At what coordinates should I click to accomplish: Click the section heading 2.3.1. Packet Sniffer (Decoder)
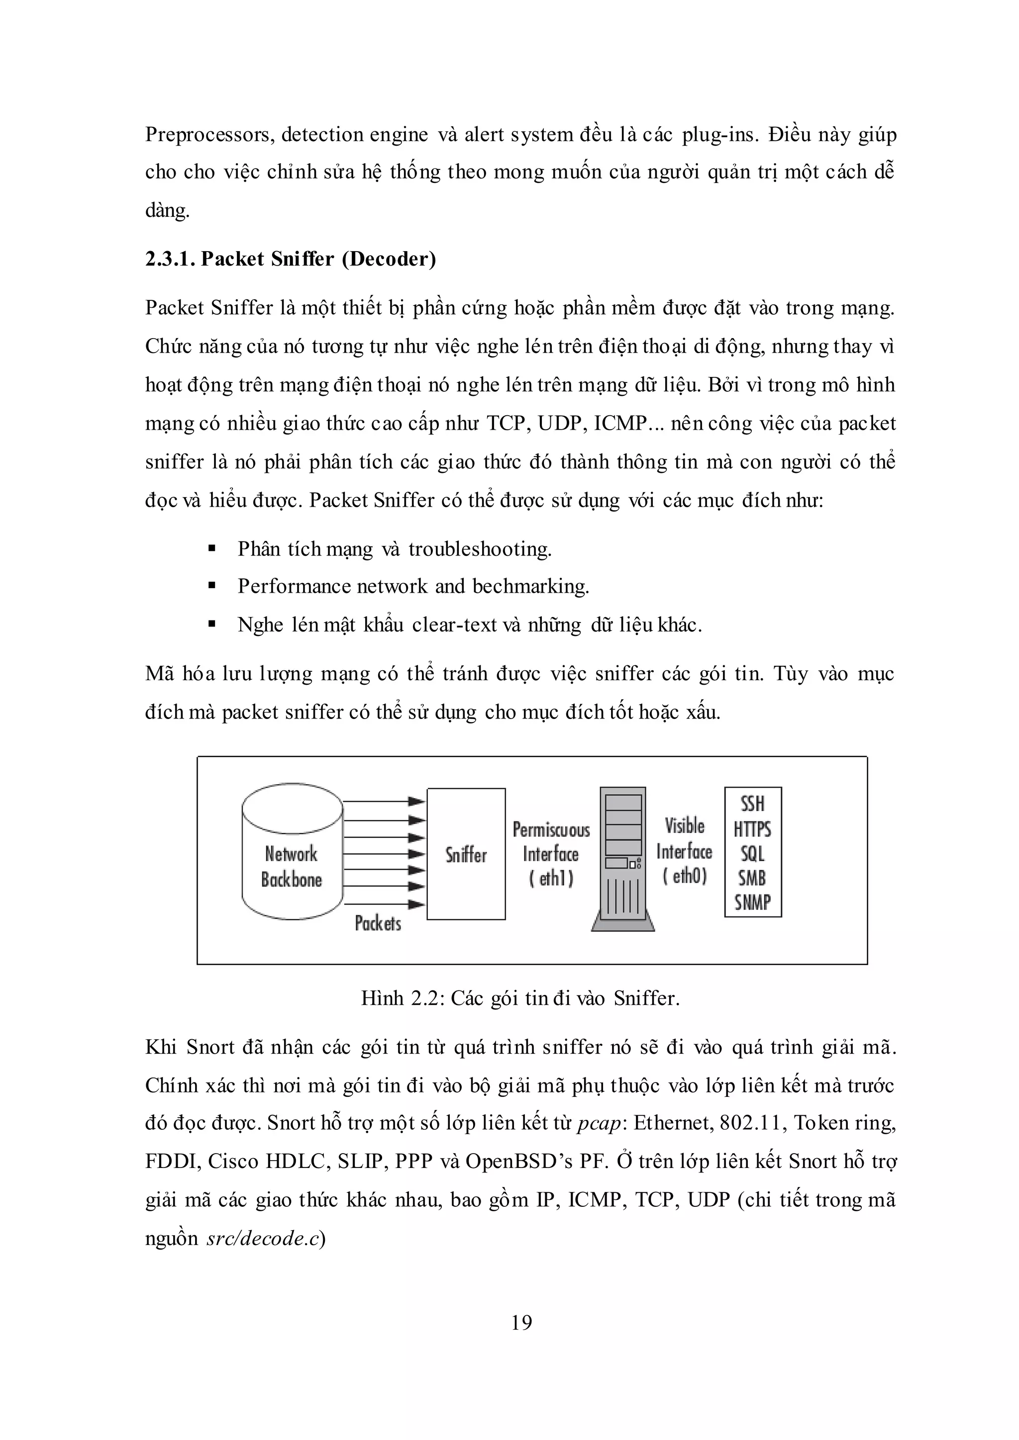(x=291, y=259)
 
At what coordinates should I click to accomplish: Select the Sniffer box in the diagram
(x=466, y=854)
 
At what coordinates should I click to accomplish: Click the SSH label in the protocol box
(x=752, y=804)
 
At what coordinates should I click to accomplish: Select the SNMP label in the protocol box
(x=752, y=902)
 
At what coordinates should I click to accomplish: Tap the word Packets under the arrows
(x=378, y=923)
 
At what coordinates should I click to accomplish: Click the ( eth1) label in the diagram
(x=551, y=878)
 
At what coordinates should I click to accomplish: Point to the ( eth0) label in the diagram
(x=684, y=876)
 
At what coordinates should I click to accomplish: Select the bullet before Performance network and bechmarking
(x=212, y=586)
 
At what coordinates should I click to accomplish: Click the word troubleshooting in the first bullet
(x=480, y=549)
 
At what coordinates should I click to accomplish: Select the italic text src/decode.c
(x=263, y=1239)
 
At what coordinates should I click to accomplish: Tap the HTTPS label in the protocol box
(x=752, y=829)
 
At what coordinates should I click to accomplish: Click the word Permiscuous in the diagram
(x=551, y=830)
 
